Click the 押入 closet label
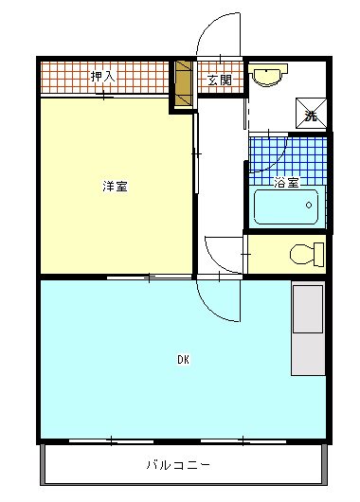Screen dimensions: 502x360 click(102, 76)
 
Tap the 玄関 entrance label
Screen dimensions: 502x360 click(220, 80)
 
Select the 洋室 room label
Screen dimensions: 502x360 click(116, 186)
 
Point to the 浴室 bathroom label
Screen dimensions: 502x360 click(286, 181)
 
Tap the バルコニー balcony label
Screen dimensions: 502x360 click(178, 465)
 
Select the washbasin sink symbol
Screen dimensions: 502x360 click(270, 75)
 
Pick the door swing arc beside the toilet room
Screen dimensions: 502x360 click(220, 250)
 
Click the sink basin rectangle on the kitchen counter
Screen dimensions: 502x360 click(309, 308)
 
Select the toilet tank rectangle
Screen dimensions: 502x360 click(319, 255)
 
